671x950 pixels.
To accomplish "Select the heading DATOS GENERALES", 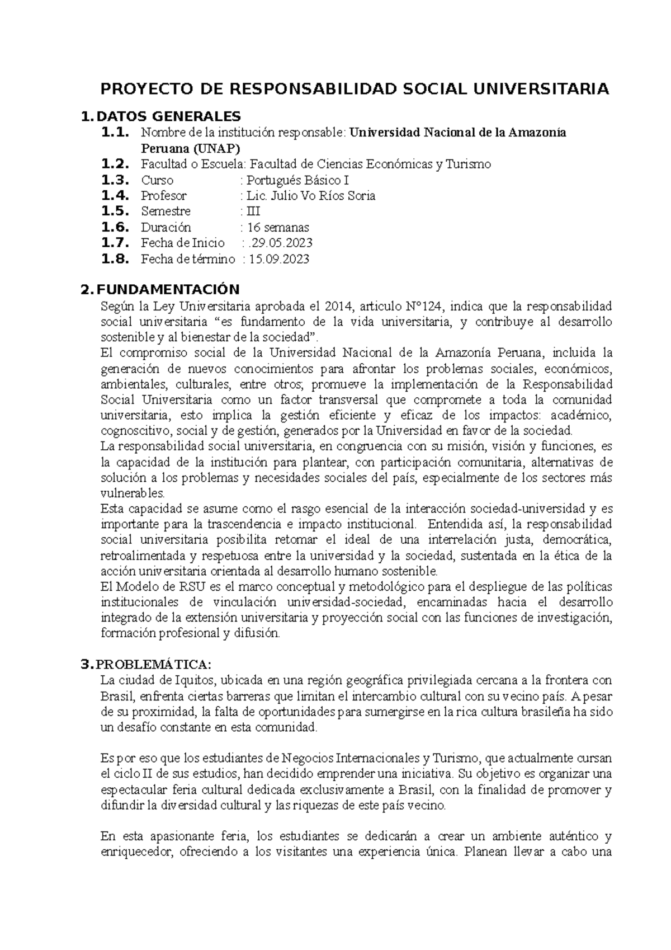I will tap(168, 116).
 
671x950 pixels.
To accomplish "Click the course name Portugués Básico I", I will tap(298, 180).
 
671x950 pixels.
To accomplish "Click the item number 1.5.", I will tap(115, 211).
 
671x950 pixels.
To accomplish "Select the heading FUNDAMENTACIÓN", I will tap(168, 289).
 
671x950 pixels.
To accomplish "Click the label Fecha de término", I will tap(188, 259).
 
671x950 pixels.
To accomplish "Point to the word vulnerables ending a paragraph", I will tap(133, 493).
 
